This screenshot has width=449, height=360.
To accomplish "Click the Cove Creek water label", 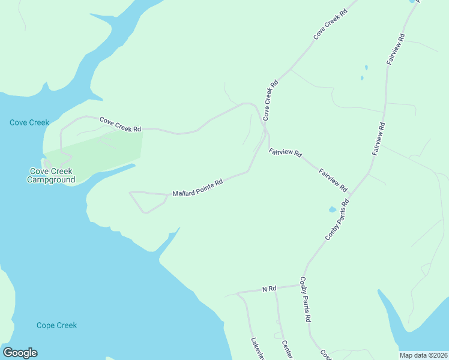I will tap(29, 122).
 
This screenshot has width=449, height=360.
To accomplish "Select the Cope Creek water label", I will tap(56, 325).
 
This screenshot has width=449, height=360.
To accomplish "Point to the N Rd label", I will tap(269, 289).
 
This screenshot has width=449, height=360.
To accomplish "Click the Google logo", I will tap(20, 353).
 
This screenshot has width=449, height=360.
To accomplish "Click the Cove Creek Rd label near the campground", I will tap(120, 125).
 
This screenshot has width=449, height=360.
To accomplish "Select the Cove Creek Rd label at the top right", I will tap(331, 24).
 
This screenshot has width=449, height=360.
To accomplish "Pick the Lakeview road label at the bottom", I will tap(257, 348).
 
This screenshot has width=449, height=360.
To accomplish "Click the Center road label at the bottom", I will tap(286, 350).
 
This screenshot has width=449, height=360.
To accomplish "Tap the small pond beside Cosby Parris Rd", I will tap(333, 210).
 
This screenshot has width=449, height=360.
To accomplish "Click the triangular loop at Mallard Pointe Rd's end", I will tap(146, 200).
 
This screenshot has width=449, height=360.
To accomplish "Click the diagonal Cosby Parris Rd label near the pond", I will tap(337, 220).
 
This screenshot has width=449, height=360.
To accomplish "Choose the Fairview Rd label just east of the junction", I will tap(285, 152).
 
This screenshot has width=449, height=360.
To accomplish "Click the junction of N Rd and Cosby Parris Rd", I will tap(300, 286).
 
